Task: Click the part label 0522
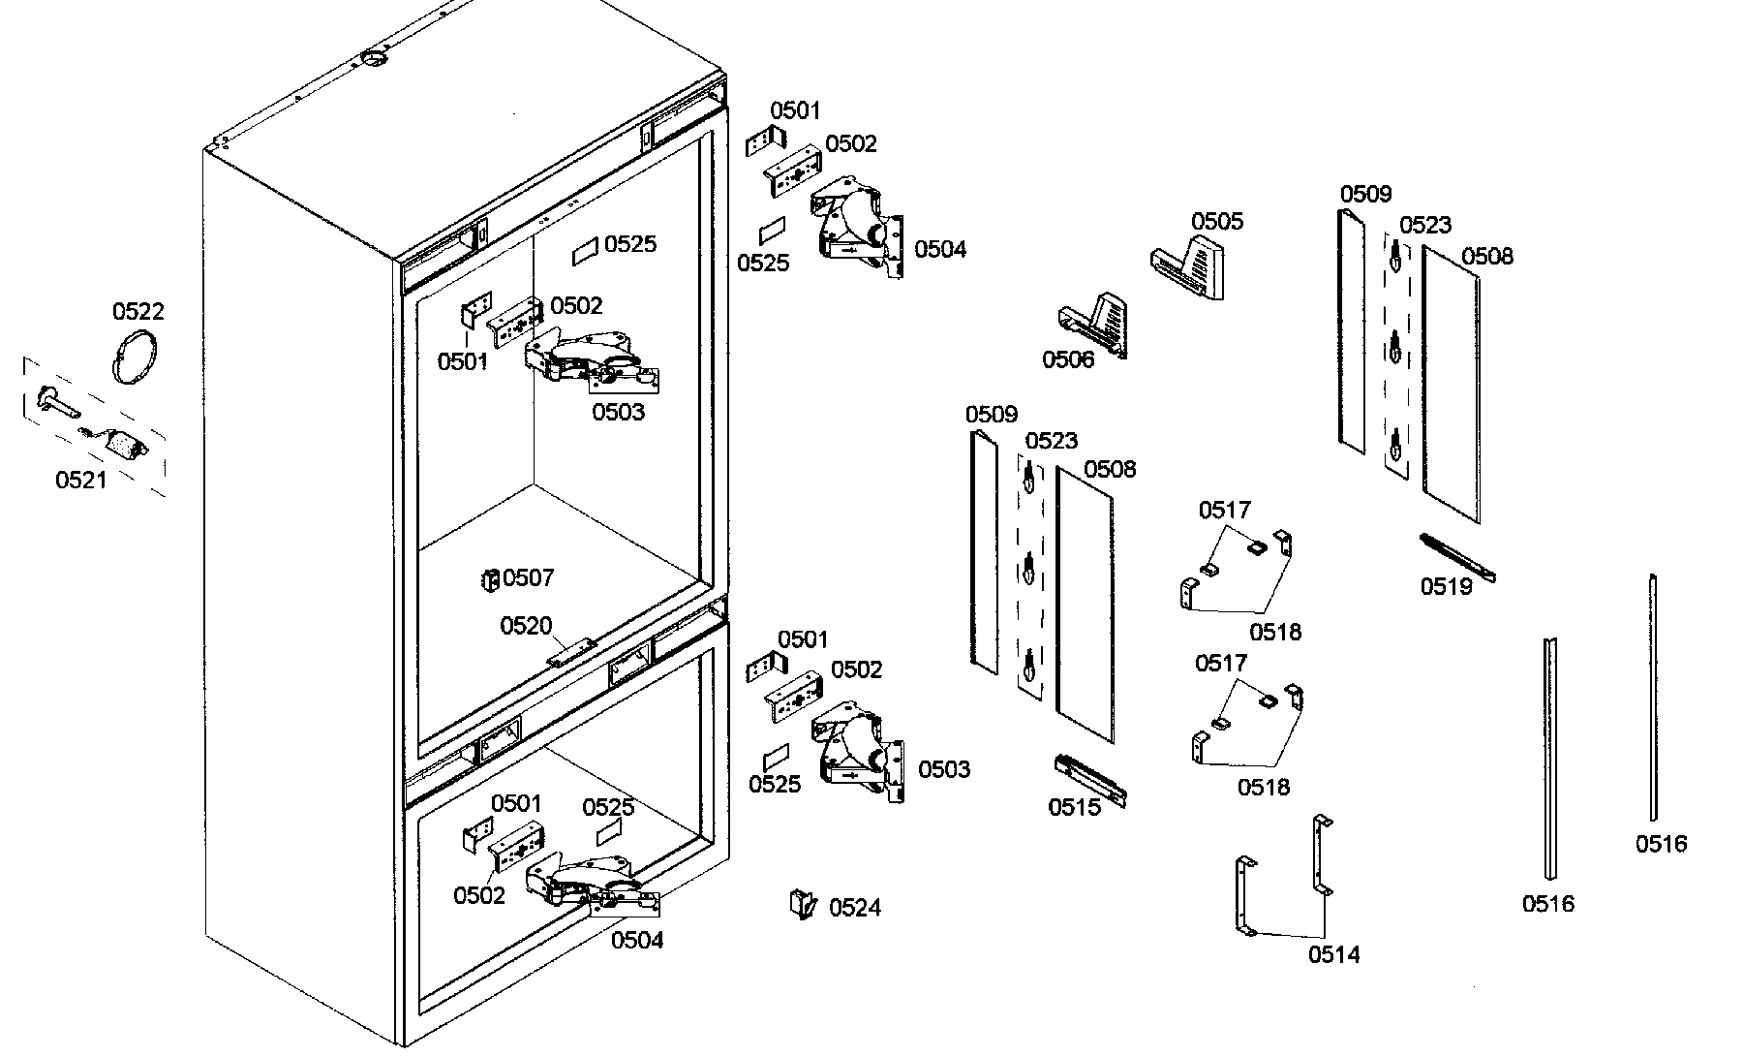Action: [138, 311]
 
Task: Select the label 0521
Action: [81, 480]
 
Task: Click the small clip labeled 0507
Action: [490, 579]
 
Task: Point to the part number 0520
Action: [526, 626]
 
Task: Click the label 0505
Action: [1217, 221]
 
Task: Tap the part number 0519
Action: [1446, 586]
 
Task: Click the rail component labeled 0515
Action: [1090, 780]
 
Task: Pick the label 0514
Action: [1333, 954]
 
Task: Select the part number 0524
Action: [855, 908]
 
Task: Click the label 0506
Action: [1068, 360]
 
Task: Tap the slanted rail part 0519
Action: [1457, 558]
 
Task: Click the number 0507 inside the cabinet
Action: [528, 578]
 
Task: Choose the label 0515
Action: [1074, 807]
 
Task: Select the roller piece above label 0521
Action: [126, 446]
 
